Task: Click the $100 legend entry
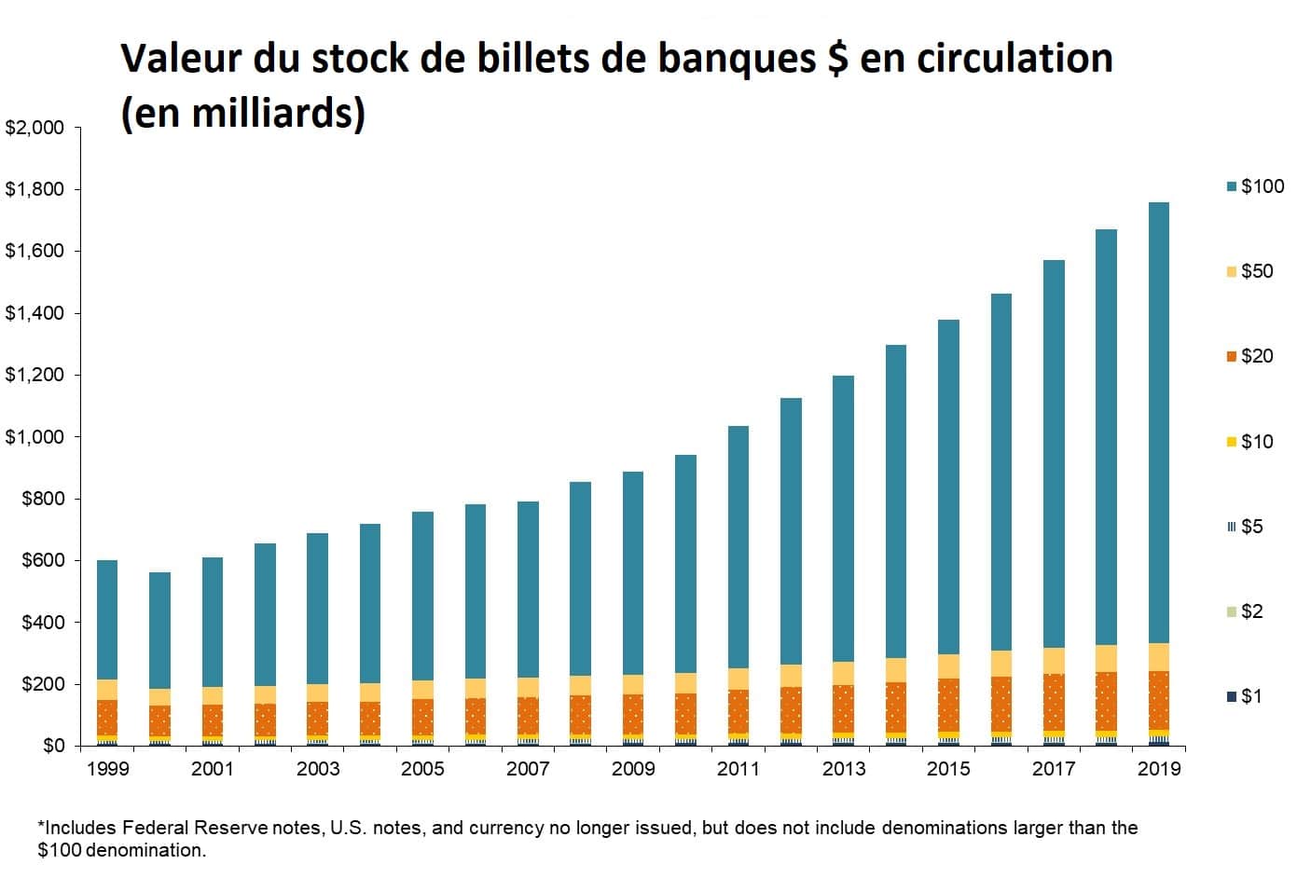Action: click(x=1255, y=186)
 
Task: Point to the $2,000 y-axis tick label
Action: click(x=35, y=128)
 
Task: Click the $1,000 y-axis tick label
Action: click(x=35, y=437)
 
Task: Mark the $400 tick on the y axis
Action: click(x=43, y=623)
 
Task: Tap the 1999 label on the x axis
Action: click(x=107, y=769)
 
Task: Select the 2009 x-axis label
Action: click(x=633, y=769)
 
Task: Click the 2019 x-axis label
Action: click(x=1159, y=769)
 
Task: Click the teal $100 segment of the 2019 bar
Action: click(x=1159, y=419)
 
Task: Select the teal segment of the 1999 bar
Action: click(x=107, y=620)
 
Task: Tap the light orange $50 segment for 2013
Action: click(x=844, y=673)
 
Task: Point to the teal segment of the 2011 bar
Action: click(x=738, y=545)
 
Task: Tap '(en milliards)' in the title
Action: click(x=243, y=113)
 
